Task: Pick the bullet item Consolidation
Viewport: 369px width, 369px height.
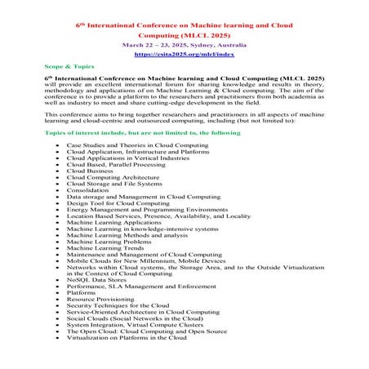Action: (x=91, y=190)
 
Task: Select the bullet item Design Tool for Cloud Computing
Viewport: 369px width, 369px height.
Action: (x=118, y=202)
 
